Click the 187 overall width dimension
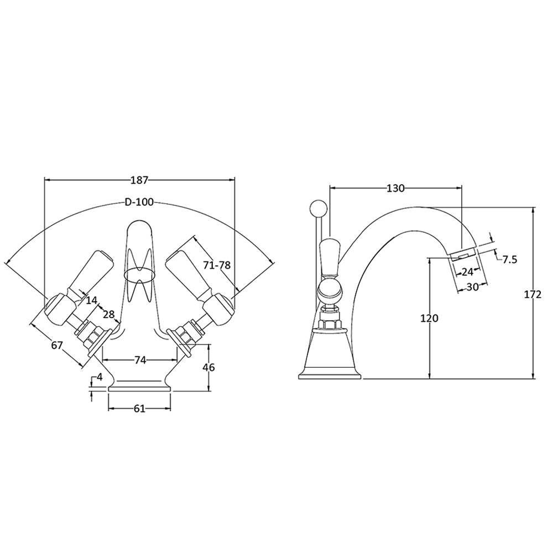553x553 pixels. click(x=139, y=180)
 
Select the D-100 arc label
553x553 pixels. click(x=139, y=202)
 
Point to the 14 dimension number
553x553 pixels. click(x=91, y=300)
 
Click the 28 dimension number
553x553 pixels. click(x=108, y=313)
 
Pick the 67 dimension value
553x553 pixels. click(x=57, y=345)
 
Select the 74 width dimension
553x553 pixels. click(x=140, y=360)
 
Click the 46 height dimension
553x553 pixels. click(x=208, y=367)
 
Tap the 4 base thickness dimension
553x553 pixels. click(x=100, y=377)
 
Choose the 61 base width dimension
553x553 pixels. click(x=140, y=409)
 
